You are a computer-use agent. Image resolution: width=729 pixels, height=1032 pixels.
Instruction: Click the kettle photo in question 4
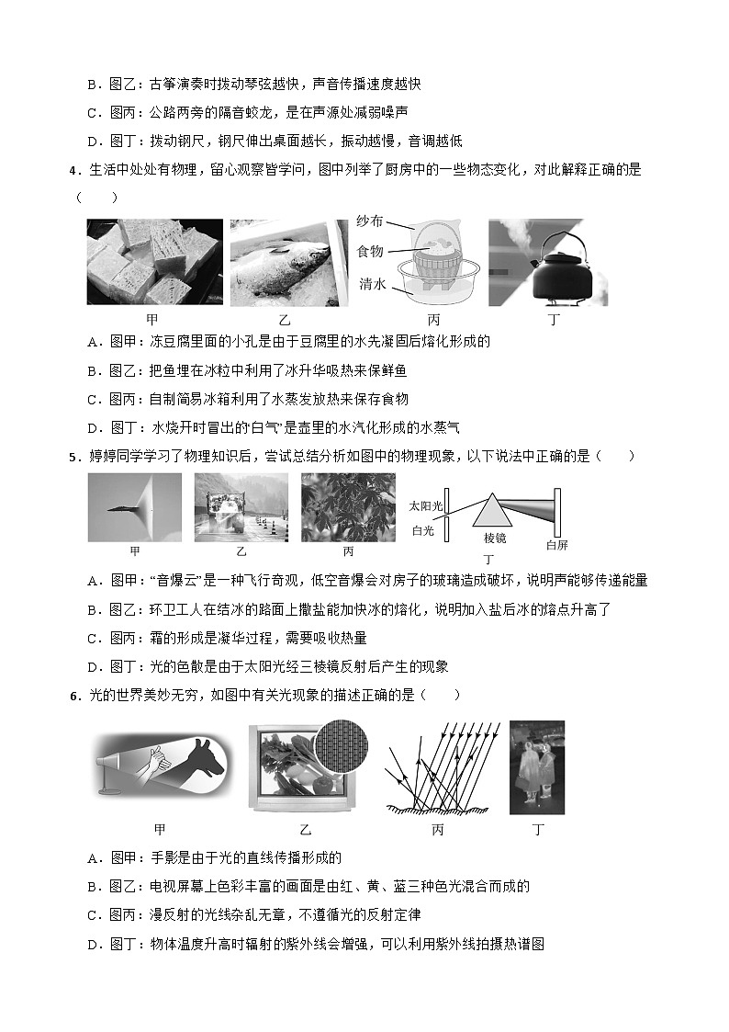(x=547, y=262)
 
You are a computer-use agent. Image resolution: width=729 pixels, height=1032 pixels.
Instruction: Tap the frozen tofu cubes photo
(x=154, y=262)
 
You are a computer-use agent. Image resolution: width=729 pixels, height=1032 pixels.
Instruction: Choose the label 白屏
(x=556, y=545)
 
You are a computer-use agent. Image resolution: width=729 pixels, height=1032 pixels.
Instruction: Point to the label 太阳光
(x=425, y=506)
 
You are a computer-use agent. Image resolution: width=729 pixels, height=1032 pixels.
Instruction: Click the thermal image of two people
(x=537, y=767)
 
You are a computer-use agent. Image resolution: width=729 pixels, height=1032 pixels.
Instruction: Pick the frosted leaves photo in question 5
(x=348, y=507)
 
